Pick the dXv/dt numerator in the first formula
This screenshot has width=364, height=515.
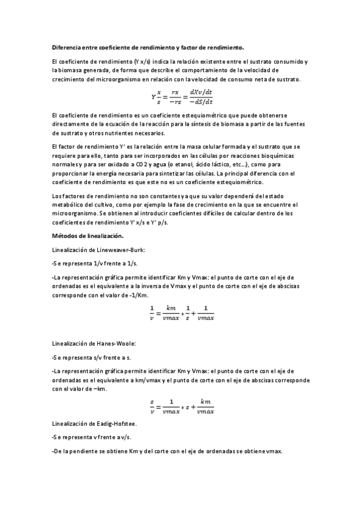point(201,92)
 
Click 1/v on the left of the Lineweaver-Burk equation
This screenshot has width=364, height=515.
point(151,313)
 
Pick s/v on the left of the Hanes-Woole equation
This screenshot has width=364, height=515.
point(151,405)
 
